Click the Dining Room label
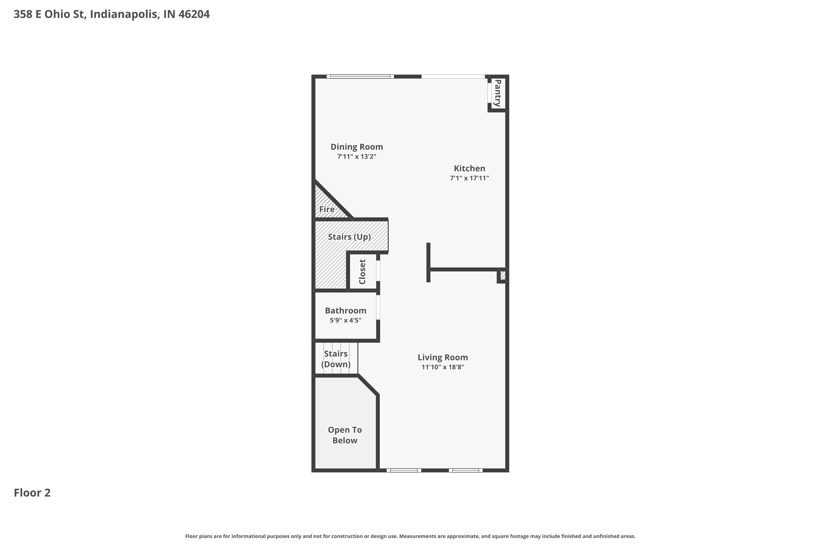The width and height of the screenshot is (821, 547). point(356,147)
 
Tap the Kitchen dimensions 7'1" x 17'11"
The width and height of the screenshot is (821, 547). point(469,178)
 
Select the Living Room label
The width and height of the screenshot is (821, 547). point(443,357)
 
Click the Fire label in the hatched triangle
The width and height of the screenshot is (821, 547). point(327,209)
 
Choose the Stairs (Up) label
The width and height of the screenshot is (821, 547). point(349,237)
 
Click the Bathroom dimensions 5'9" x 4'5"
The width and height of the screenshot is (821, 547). point(345,320)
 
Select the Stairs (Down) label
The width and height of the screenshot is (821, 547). point(336,359)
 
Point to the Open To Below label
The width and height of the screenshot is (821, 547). point(345,435)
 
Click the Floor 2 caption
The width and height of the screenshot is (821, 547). point(32,493)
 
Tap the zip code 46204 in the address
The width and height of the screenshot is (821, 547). point(194,14)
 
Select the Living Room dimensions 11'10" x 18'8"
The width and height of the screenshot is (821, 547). point(443,367)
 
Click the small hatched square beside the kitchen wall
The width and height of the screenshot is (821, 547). point(503,275)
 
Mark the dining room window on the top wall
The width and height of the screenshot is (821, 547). point(360,76)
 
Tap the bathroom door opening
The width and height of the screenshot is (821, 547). point(378,307)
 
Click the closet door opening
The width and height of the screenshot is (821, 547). point(378,271)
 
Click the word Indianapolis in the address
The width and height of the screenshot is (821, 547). point(124,14)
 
